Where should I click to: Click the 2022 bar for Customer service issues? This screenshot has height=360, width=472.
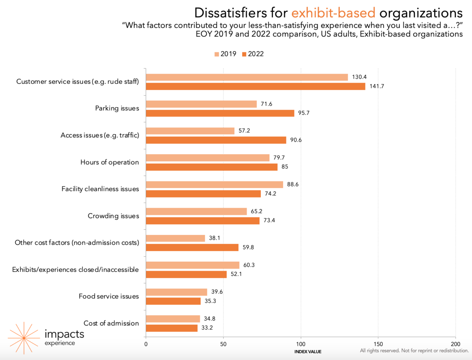(x=256, y=86)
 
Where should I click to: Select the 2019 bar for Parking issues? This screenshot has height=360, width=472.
(x=201, y=104)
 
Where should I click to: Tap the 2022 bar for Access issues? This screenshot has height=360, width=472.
(x=216, y=140)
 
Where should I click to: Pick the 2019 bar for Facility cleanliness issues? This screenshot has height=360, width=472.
(x=214, y=185)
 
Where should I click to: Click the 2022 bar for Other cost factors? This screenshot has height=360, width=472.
(x=192, y=247)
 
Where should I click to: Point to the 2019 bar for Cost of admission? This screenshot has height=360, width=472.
(x=173, y=319)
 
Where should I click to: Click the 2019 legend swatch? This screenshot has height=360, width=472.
(x=216, y=54)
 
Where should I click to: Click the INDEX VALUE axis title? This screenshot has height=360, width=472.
(x=308, y=351)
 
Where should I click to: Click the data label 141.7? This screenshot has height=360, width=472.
(x=376, y=86)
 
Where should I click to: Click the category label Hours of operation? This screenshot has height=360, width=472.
(x=109, y=162)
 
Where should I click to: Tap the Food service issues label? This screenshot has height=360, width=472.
(x=109, y=296)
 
